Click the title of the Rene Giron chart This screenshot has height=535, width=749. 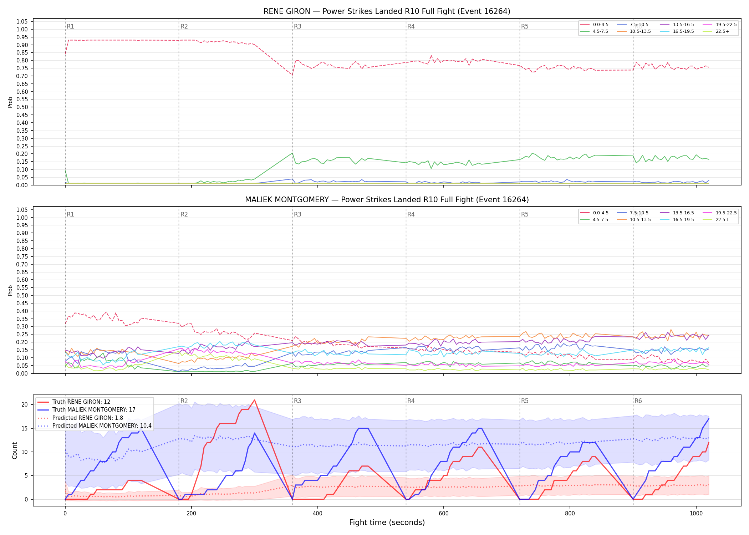click(387, 11)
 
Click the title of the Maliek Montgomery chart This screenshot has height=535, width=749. click(387, 200)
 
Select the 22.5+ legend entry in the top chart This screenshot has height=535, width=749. click(717, 31)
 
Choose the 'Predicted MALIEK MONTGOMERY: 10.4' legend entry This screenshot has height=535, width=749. click(95, 426)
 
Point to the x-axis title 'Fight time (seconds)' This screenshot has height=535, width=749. click(387, 523)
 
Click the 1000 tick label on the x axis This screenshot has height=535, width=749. click(696, 514)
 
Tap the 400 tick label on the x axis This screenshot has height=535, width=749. click(317, 514)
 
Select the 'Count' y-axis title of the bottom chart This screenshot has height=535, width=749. click(15, 450)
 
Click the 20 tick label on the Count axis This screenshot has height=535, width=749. click(25, 404)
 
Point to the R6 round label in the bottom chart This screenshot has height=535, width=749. click(638, 401)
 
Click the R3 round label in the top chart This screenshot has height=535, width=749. click(297, 26)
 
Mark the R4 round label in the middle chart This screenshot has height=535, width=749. click(411, 214)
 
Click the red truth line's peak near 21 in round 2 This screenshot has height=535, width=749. click(254, 400)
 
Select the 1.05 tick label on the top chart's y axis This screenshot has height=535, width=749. click(22, 22)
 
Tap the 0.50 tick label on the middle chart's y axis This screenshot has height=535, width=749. click(22, 295)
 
